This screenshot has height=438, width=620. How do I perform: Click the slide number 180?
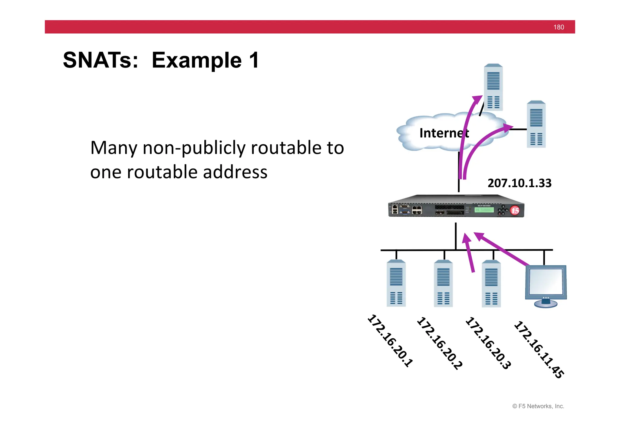(558, 27)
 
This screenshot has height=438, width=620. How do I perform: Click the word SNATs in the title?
(100, 60)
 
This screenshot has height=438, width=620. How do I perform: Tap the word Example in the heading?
(197, 60)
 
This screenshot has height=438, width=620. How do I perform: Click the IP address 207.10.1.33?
(519, 183)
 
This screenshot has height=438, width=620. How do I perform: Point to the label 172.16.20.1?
(390, 341)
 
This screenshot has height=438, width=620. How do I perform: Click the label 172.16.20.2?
(440, 343)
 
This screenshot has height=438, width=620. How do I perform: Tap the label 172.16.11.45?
(539, 350)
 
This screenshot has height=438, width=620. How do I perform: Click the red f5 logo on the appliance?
(515, 210)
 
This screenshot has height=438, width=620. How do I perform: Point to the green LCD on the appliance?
(484, 210)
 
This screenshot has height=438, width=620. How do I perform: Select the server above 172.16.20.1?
(396, 283)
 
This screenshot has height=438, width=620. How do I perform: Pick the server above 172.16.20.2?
(443, 283)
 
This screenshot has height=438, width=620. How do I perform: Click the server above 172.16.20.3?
(491, 283)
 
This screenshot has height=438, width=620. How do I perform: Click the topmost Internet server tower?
(493, 87)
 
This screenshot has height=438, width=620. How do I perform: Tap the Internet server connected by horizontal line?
(536, 124)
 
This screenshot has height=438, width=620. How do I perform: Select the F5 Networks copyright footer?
(538, 406)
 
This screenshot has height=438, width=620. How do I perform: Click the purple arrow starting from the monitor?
(503, 250)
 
